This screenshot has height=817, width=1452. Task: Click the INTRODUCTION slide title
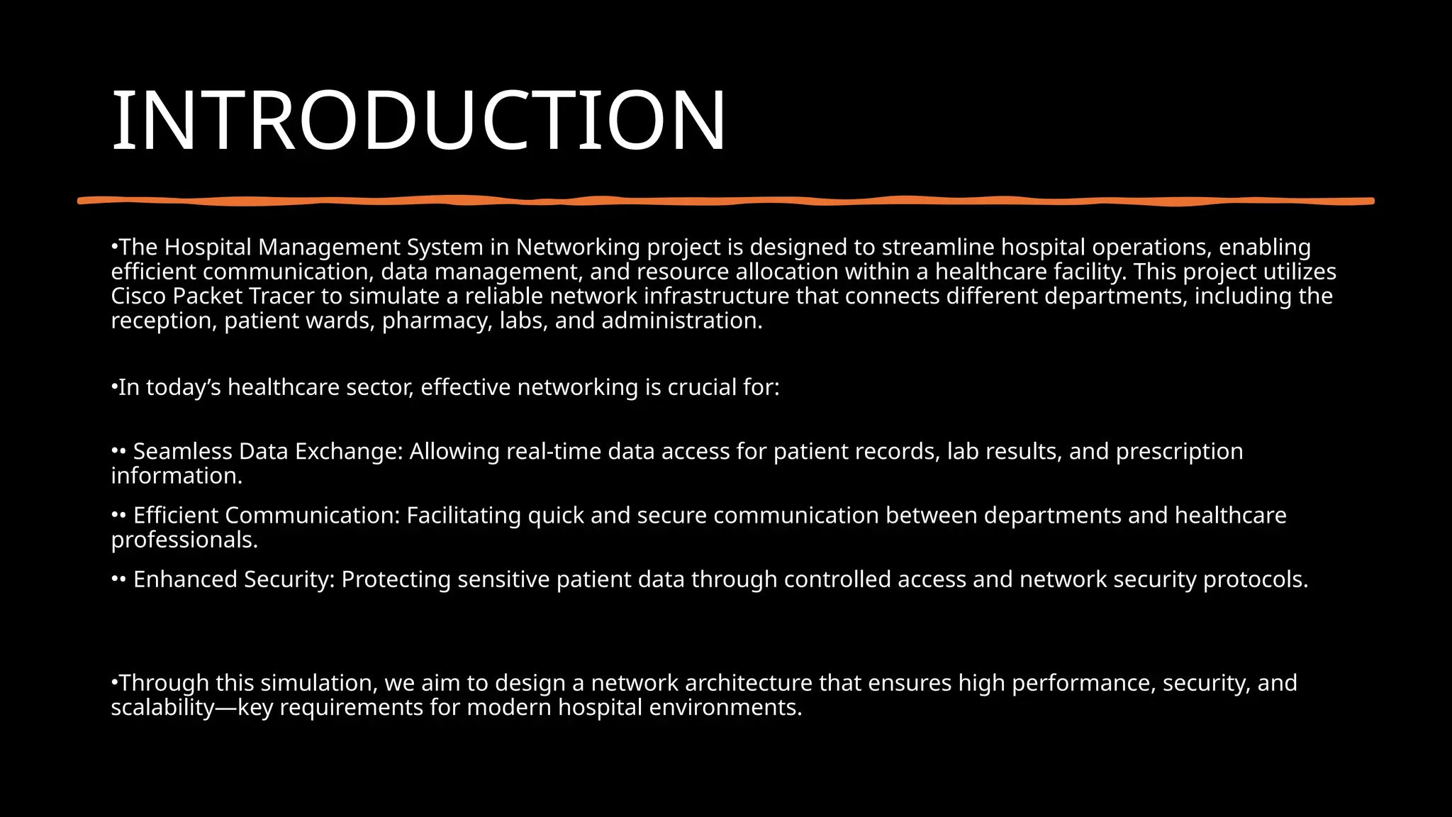[x=418, y=121]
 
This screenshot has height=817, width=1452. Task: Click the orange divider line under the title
[x=726, y=201]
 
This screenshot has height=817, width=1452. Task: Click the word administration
[x=681, y=321]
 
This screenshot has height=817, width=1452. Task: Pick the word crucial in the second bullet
[x=700, y=388]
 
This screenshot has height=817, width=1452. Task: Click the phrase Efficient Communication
[x=267, y=516]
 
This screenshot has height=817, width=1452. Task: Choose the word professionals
[x=184, y=540]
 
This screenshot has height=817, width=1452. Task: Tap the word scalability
[x=162, y=708]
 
